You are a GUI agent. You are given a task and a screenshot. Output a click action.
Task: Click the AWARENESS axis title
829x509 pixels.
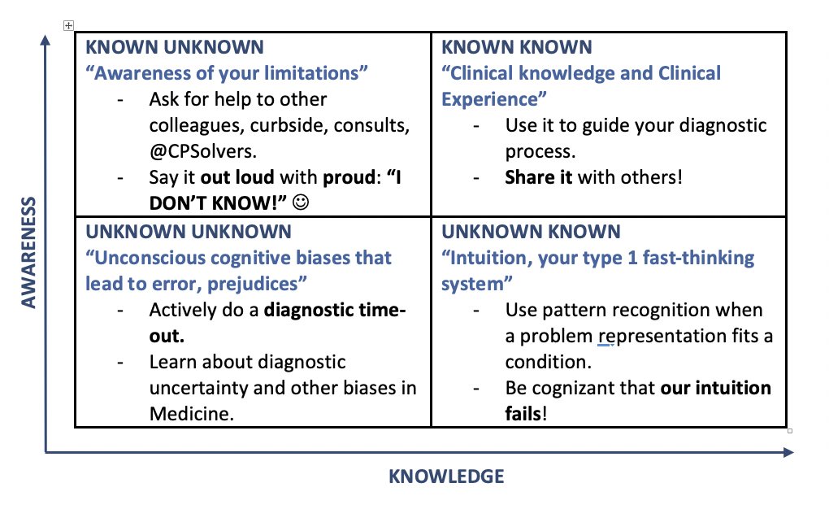(29, 252)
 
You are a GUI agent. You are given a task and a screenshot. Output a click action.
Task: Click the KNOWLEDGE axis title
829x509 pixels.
(446, 476)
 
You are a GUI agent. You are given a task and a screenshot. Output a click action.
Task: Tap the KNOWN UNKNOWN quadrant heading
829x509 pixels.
(175, 48)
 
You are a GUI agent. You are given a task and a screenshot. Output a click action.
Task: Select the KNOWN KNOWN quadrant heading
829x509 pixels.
(517, 48)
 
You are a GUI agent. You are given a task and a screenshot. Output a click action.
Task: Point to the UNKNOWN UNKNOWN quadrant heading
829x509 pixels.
(188, 232)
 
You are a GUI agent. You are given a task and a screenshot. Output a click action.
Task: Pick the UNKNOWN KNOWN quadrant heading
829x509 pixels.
(530, 232)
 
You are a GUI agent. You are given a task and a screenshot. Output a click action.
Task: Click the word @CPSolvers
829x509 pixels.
(198, 151)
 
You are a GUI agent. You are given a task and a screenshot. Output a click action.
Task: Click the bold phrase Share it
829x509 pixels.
(539, 176)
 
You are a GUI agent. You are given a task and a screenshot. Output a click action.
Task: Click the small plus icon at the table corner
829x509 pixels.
(68, 27)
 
